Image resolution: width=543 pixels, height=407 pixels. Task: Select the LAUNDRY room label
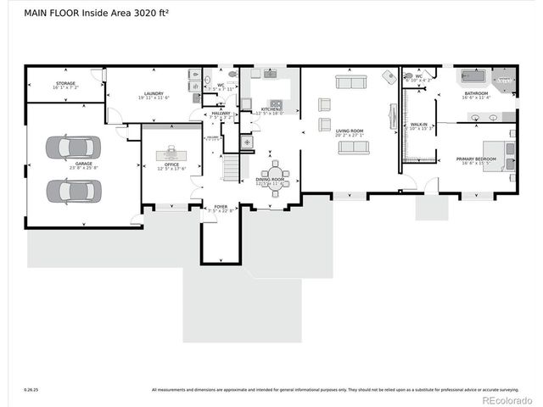tap(153, 93)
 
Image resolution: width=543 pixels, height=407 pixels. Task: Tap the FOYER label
tap(221, 206)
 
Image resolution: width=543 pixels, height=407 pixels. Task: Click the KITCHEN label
tap(271, 109)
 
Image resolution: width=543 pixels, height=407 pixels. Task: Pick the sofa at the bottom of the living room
tap(353, 148)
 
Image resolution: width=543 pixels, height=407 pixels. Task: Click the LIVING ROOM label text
tap(349, 131)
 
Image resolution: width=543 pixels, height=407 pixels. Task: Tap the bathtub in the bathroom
tap(474, 76)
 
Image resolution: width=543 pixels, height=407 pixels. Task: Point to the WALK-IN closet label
tap(418, 125)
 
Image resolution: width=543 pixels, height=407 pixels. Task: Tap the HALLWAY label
tap(221, 113)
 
